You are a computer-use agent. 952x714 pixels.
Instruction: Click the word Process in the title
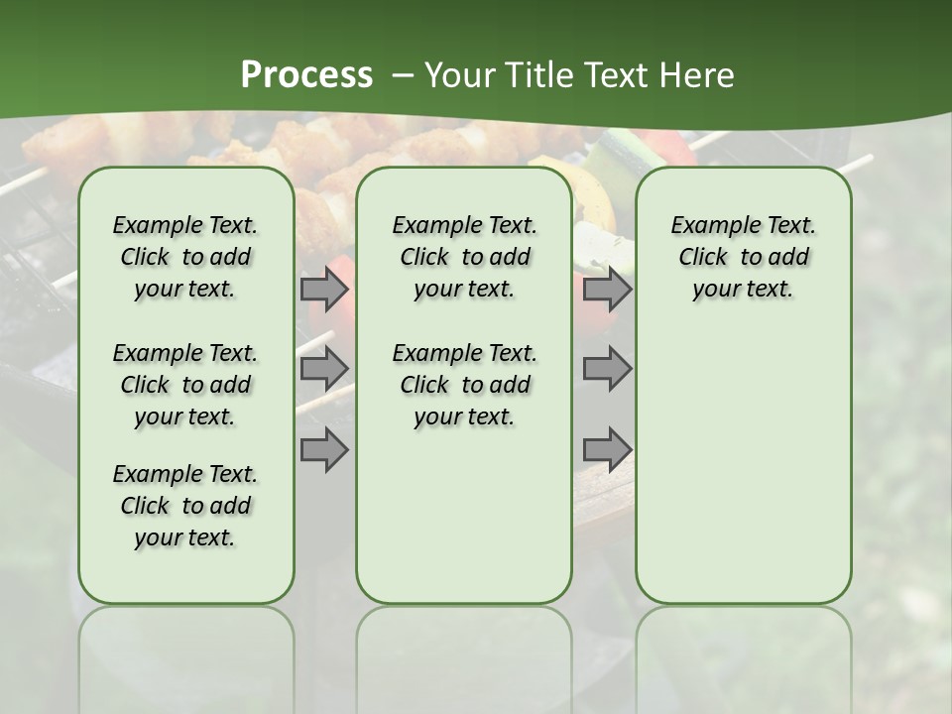tap(306, 75)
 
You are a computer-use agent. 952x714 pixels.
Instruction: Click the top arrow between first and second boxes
tap(324, 290)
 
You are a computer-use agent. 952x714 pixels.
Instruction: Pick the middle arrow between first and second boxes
tap(324, 369)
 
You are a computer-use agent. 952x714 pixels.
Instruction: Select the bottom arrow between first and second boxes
tap(324, 449)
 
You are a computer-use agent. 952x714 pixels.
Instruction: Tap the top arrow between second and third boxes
tap(607, 290)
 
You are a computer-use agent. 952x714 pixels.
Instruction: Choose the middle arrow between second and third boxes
tap(607, 369)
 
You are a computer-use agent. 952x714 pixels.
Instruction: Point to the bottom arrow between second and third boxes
tap(607, 449)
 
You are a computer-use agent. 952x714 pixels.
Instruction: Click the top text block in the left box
tap(185, 257)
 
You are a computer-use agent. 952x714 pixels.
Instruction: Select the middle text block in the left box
tap(185, 385)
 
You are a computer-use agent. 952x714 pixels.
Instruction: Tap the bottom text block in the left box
tap(185, 506)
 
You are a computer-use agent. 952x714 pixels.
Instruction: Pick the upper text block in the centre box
tap(464, 257)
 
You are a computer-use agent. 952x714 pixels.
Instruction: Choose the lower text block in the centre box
tap(464, 385)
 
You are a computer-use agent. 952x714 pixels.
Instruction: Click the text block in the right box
tap(744, 257)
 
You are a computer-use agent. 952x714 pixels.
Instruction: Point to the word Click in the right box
tap(703, 258)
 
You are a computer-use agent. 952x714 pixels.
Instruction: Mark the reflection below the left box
tap(186, 654)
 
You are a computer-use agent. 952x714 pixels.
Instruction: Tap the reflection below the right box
tap(744, 654)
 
